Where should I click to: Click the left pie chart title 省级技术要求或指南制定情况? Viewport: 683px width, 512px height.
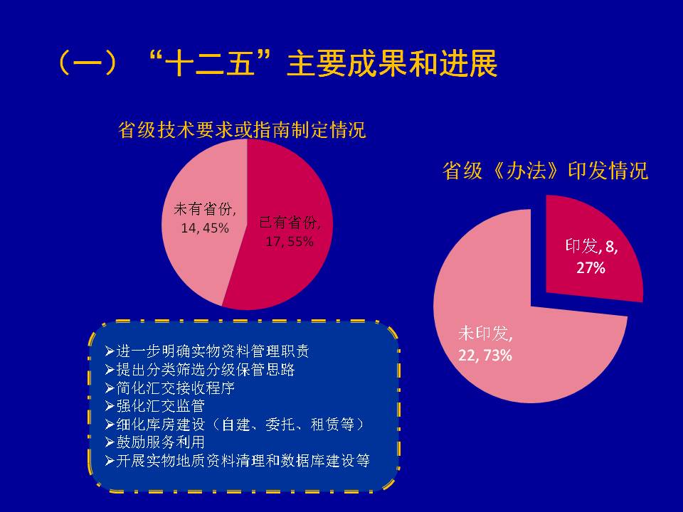pos(242,129)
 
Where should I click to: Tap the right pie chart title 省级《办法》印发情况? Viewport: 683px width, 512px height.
pos(546,170)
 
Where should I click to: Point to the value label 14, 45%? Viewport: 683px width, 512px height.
pos(205,228)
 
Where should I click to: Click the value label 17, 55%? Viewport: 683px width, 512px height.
pos(290,241)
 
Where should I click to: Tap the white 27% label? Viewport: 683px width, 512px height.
pos(591,267)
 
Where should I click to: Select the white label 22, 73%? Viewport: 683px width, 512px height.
pos(485,356)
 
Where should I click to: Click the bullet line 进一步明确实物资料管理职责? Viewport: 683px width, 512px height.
pos(207,351)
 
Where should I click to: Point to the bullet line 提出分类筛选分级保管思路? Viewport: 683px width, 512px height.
pos(200,369)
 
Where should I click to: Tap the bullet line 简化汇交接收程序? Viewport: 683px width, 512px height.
pos(170,388)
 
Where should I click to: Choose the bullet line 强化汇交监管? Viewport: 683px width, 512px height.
pos(155,406)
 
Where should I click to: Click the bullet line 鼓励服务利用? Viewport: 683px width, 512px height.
pos(155,442)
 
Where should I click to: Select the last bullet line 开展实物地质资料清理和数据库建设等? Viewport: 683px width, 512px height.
pos(238,460)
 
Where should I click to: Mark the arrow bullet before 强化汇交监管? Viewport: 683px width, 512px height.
pos(110,406)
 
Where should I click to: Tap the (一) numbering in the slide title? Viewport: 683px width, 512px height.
pos(87,63)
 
